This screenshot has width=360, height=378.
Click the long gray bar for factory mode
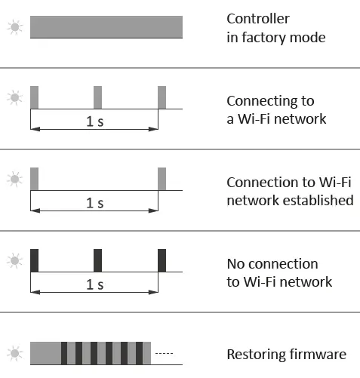[106, 27]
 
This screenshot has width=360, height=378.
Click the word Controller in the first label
[258, 19]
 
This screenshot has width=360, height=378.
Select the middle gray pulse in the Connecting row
[97, 97]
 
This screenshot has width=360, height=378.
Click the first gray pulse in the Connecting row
[34, 97]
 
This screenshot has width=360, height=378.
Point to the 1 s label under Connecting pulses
[95, 121]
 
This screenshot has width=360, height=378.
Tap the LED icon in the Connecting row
[14, 98]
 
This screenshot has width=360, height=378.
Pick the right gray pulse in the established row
[162, 179]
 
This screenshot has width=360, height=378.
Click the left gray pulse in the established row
[34, 179]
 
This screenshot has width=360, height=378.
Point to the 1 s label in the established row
[95, 203]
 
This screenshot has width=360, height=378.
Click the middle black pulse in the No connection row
[97, 260]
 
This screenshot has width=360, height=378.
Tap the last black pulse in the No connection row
[162, 260]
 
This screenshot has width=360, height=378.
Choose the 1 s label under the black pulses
[95, 284]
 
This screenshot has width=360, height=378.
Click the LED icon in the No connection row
[14, 261]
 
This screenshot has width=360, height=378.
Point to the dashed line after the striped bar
[164, 353]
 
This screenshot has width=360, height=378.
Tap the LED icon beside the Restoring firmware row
[14, 353]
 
